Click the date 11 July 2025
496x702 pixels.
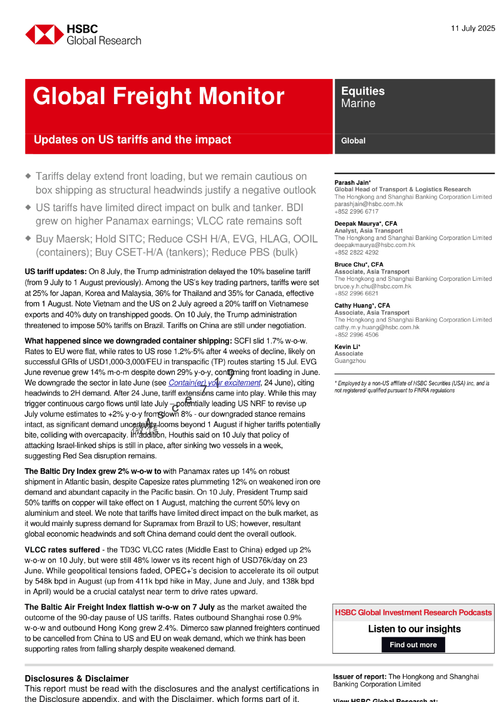click(473, 28)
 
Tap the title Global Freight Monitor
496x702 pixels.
click(159, 96)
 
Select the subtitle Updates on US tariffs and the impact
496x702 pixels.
click(132, 140)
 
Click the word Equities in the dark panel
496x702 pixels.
click(363, 91)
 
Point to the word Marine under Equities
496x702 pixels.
click(358, 104)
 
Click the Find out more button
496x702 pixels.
click(413, 645)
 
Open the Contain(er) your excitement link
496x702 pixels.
click(215, 383)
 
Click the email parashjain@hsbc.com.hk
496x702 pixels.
click(368, 204)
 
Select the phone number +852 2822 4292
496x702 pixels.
click(356, 252)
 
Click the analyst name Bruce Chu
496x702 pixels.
click(349, 265)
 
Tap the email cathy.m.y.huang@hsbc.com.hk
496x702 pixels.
click(377, 327)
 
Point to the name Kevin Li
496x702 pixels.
click(346, 347)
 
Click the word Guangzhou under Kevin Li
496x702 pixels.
click(350, 361)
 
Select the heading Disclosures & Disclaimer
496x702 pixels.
click(76, 679)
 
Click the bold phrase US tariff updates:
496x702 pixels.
click(56, 272)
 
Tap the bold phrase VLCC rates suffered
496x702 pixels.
click(62, 550)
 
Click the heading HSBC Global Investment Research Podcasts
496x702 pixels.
click(413, 613)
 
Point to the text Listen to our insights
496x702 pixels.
click(414, 629)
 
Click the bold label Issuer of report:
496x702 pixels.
click(359, 677)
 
